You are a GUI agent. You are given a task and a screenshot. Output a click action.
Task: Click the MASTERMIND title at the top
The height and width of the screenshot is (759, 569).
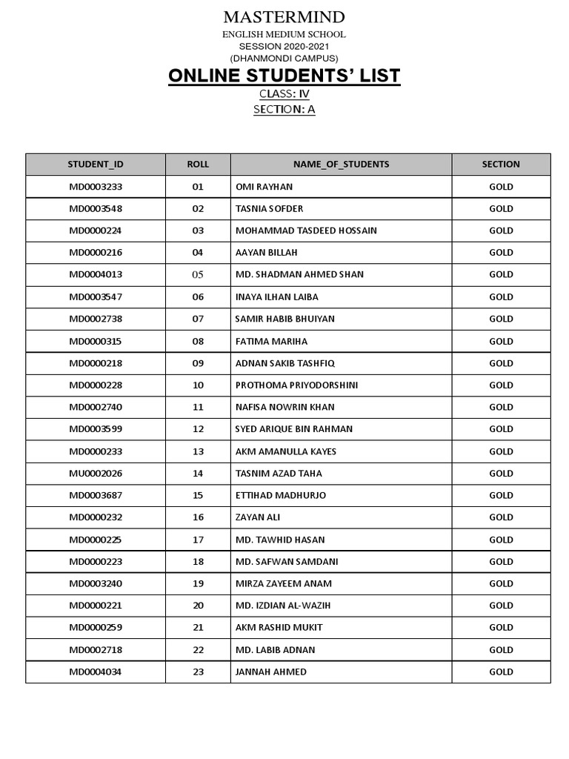(x=284, y=17)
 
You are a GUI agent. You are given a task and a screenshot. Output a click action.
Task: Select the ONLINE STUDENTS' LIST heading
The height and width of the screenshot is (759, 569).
(x=284, y=76)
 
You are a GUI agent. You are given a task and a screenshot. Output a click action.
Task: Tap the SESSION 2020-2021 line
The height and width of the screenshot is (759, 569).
(x=284, y=46)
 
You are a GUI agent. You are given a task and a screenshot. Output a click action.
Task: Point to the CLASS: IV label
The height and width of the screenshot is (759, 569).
(x=284, y=94)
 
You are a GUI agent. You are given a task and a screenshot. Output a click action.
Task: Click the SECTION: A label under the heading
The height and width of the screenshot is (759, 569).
(x=284, y=110)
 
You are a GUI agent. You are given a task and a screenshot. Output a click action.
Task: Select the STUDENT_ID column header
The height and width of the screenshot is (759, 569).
(x=96, y=165)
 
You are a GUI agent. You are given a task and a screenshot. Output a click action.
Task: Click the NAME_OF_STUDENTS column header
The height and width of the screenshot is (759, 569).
(x=341, y=165)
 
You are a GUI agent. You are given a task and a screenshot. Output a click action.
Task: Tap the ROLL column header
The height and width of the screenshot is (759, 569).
(x=198, y=165)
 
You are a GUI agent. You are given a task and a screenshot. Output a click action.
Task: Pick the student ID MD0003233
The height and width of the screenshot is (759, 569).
(x=96, y=187)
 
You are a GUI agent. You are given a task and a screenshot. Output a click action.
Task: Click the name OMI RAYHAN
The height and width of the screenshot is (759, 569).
(x=264, y=187)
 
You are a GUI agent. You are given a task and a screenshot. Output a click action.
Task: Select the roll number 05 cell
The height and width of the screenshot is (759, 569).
(x=198, y=274)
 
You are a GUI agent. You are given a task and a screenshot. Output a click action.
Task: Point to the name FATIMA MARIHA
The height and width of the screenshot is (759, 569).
(x=271, y=341)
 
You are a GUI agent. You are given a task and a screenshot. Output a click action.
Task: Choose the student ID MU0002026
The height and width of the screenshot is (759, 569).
(x=96, y=473)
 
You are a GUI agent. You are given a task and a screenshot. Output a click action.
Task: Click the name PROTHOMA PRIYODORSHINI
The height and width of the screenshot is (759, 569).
(x=296, y=385)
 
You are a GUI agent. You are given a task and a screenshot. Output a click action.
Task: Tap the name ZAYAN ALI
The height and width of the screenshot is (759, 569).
(x=258, y=517)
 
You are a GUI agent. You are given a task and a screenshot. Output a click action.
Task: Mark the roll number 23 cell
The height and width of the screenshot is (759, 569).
(x=198, y=672)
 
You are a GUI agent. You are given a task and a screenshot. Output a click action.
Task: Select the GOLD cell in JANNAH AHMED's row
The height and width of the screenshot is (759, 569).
(x=501, y=672)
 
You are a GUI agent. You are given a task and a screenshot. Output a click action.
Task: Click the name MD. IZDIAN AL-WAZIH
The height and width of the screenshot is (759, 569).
(x=283, y=606)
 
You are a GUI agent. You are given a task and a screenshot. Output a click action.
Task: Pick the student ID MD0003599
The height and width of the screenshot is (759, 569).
(x=96, y=429)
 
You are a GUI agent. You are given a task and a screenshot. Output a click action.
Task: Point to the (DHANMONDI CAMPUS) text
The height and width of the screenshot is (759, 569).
(x=284, y=58)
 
